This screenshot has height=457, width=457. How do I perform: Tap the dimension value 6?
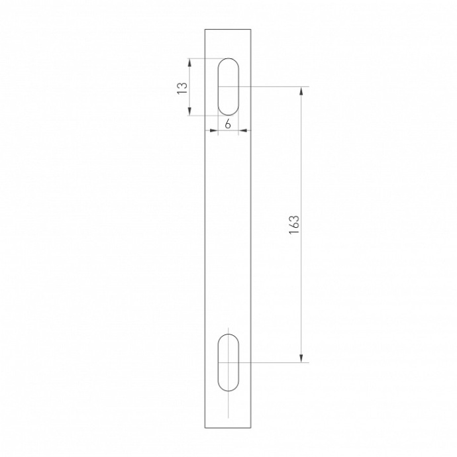pos(227,124)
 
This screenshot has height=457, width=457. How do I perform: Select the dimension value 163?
pos(295,225)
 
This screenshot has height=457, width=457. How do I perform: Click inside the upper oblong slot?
pos(228,86)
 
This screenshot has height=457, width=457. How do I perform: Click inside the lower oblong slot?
pos(228,362)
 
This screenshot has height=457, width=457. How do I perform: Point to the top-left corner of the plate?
pos(205,29)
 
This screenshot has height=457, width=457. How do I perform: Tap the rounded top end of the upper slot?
pos(228,59)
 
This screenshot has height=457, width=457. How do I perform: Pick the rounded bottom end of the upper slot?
pos(228,114)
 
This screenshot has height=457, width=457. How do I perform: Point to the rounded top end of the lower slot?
pos(228,335)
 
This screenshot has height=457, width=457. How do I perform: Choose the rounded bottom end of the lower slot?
pos(228,389)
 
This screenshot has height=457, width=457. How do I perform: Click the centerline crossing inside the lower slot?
pos(228,362)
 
